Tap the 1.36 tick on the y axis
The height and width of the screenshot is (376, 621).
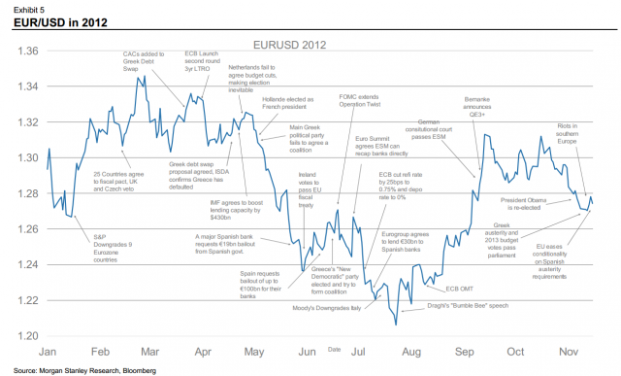tap(26, 51)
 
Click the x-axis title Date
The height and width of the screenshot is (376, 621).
tap(334, 347)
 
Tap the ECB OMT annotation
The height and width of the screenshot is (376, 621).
tap(459, 289)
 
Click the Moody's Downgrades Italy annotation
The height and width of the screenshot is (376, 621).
tap(327, 307)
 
